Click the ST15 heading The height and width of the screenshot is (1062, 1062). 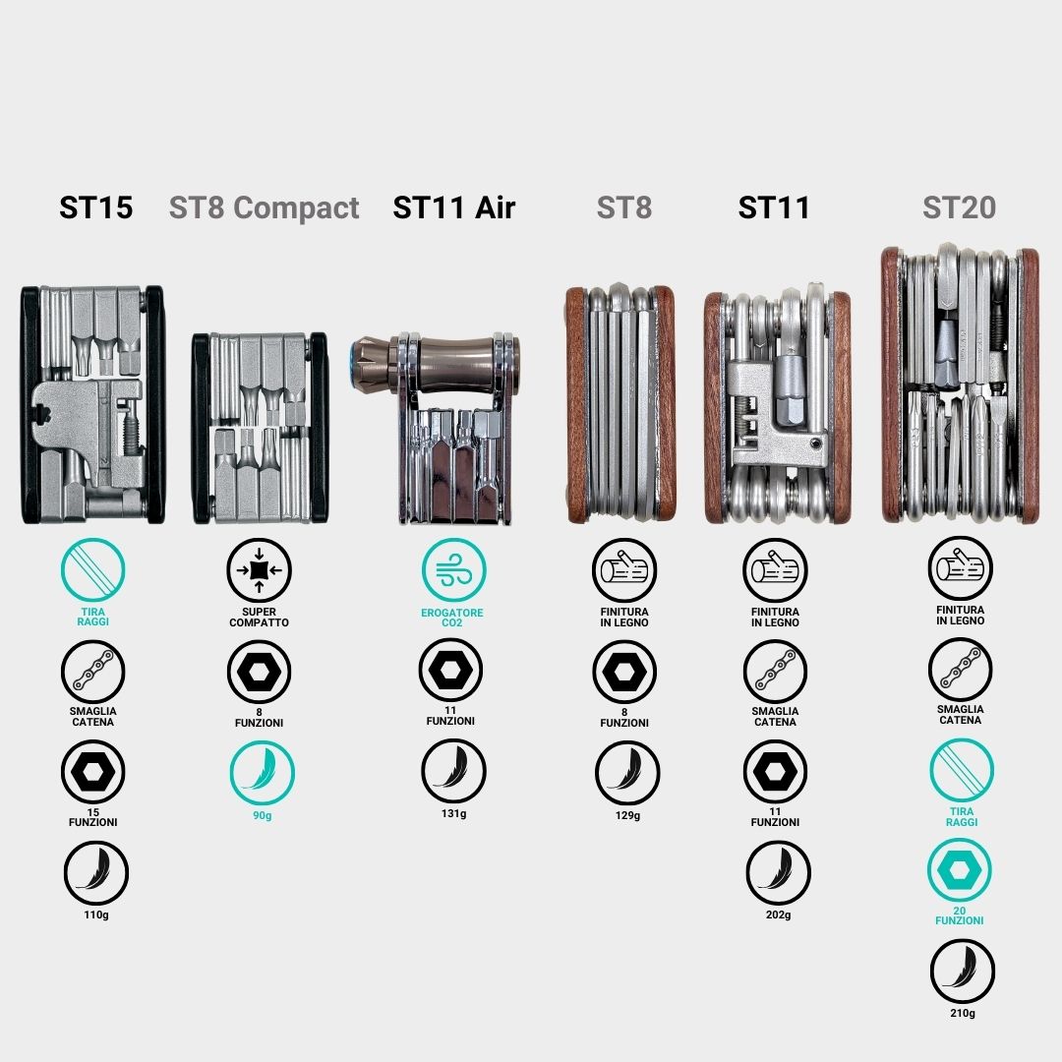coord(95,207)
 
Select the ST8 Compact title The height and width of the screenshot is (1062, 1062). coord(265,207)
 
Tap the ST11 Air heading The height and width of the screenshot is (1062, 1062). coord(454,207)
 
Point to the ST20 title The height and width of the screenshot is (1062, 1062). coord(959,207)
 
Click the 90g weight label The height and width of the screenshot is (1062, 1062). coord(263,815)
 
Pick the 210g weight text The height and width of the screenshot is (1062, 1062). coord(963,1013)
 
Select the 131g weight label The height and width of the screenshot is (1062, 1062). coord(453,813)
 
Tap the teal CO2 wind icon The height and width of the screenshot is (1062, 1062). coord(453,570)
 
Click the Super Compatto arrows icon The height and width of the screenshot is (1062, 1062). coord(259,570)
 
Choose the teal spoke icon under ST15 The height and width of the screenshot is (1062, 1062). coord(92,570)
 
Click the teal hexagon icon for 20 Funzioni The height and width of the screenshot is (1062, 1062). coord(960,870)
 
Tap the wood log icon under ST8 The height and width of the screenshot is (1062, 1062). coord(624,570)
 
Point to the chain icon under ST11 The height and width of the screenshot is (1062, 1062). coord(776,672)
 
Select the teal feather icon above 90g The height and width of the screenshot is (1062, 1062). coord(263,773)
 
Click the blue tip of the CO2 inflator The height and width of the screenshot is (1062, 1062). coord(354,366)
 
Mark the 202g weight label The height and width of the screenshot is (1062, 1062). coord(778,915)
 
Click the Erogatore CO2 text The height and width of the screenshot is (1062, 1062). coord(451,618)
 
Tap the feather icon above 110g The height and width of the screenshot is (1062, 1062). coord(96,872)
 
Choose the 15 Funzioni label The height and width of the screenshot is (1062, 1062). coord(92,817)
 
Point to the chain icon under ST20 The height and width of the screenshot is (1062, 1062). coord(961,670)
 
